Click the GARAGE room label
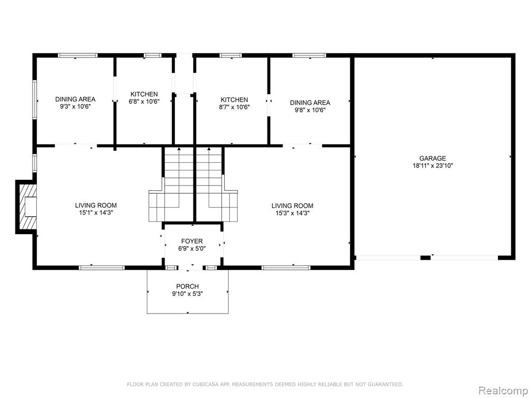pos(432,158)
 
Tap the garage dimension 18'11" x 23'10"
pos(432,165)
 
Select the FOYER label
pos(192,241)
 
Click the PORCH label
pos(187,286)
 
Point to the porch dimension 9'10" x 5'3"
pos(187,294)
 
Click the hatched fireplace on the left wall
pos(27,207)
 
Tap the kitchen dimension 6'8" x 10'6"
pos(144,101)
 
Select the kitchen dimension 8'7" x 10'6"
pos(234,107)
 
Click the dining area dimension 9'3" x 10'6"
pos(76,106)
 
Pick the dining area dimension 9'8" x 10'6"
pos(310,110)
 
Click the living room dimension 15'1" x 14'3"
pos(96,212)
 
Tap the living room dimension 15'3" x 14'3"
pos(292,213)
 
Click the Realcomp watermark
pos(503,390)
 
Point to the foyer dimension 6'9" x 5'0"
pos(192,248)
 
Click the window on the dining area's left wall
pos(35,99)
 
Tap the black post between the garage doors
pos(425,258)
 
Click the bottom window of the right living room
pos(286,268)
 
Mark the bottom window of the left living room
pos(102,268)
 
